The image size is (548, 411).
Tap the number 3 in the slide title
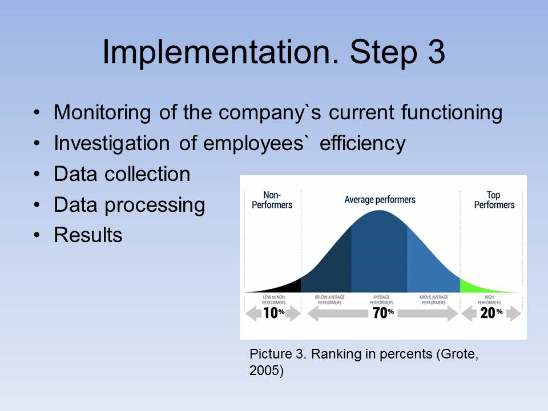(x=436, y=52)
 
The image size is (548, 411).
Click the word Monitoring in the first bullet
(x=102, y=113)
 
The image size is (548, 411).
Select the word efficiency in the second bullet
(x=362, y=144)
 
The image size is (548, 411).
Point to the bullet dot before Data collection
(x=37, y=174)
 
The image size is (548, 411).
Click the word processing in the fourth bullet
(x=155, y=205)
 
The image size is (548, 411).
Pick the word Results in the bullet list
(x=88, y=235)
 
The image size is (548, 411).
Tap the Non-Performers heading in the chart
(x=272, y=200)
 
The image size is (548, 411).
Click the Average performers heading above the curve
(x=380, y=200)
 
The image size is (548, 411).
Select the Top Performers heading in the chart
(x=494, y=200)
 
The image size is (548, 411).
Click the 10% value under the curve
(x=273, y=313)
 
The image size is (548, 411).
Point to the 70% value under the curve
(x=383, y=313)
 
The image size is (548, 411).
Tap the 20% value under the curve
(x=491, y=313)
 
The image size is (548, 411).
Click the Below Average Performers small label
(x=329, y=300)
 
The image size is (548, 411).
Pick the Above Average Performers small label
(x=433, y=300)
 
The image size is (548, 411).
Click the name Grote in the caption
(x=458, y=354)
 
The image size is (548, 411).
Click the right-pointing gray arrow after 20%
(x=513, y=313)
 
